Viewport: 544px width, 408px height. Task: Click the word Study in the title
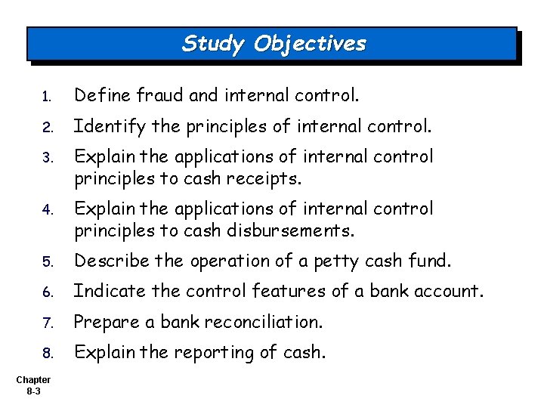point(214,43)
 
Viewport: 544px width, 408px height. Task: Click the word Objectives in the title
point(310,43)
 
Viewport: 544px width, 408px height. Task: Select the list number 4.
point(45,209)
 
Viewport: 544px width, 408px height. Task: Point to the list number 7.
point(45,323)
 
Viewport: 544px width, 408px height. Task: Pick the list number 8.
point(45,353)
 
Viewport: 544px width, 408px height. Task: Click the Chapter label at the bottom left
point(32,379)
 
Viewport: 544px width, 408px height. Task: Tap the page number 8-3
point(32,391)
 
